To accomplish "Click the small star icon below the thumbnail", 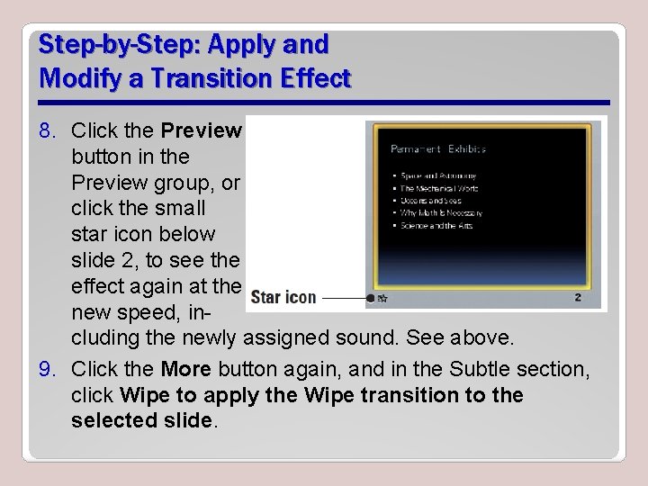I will [x=382, y=297].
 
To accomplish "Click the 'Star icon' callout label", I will [x=283, y=297].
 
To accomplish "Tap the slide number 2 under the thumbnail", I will [x=578, y=297].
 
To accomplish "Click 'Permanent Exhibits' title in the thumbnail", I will [x=438, y=148].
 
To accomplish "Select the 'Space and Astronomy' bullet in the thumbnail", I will [x=438, y=175].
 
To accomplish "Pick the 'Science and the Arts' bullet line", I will [x=436, y=226].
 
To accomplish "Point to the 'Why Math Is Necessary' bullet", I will [x=441, y=213].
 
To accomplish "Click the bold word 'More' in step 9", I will [x=185, y=370].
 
